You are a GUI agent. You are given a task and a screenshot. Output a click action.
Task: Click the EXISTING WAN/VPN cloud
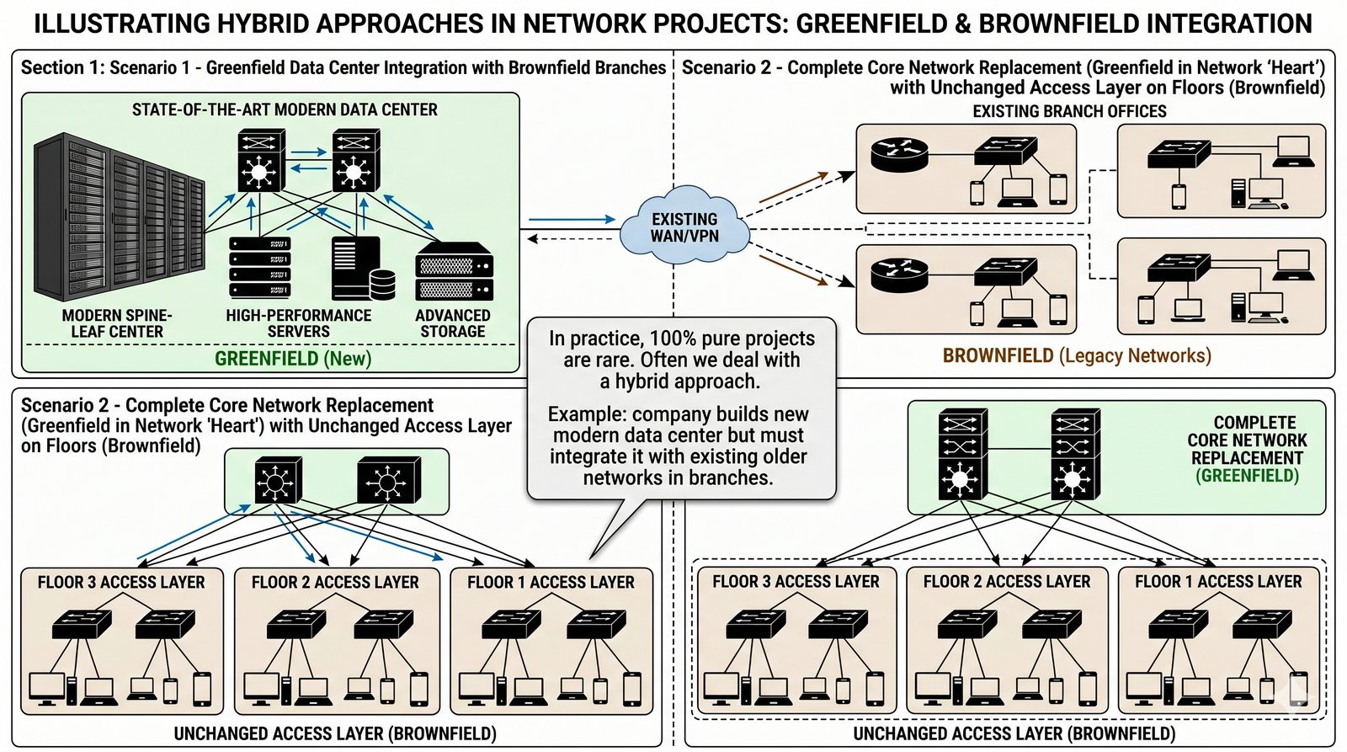[x=684, y=227]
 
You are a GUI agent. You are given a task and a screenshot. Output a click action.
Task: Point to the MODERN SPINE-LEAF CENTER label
[x=117, y=323]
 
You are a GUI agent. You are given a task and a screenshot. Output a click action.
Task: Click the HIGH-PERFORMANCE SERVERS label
[x=298, y=323]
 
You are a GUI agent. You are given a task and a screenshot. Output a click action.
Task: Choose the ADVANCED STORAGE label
[x=453, y=323]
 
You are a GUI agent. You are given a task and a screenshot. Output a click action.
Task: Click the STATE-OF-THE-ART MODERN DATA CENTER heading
[x=285, y=109]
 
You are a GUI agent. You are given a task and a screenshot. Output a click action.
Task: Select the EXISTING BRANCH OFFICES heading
[x=1069, y=111]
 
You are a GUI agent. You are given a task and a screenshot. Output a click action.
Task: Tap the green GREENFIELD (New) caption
[x=293, y=359]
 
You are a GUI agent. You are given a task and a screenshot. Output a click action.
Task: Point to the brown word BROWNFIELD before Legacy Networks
[x=998, y=355]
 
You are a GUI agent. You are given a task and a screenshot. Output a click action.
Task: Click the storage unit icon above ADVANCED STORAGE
[x=454, y=271]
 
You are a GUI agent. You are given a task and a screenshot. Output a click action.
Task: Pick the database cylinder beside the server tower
[x=382, y=285]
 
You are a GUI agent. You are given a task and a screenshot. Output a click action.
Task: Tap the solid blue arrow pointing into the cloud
[x=572, y=219]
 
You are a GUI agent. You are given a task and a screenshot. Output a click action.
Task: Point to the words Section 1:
[x=62, y=67]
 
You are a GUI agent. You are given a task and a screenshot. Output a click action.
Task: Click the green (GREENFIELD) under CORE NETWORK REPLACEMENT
[x=1247, y=476]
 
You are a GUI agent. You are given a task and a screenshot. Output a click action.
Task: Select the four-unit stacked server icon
[x=260, y=268]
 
